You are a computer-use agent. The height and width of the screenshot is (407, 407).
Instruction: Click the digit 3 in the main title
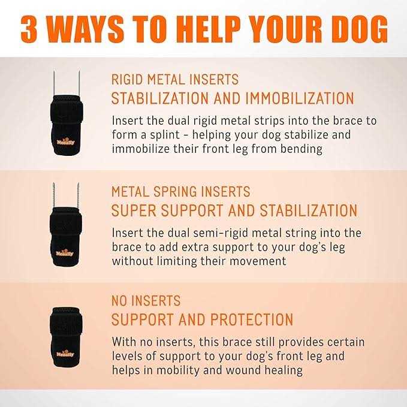[x=29, y=29]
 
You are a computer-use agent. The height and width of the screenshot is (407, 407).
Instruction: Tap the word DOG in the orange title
[x=360, y=29]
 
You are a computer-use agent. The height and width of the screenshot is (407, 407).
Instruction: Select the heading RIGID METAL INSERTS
[x=175, y=80]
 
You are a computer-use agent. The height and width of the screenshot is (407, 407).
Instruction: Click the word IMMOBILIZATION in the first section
[x=300, y=98]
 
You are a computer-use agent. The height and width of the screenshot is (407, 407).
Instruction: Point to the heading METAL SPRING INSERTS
[x=180, y=192]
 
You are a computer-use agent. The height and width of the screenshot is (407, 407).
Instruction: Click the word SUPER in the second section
[x=134, y=210]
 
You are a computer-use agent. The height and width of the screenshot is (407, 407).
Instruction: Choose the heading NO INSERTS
[x=146, y=301]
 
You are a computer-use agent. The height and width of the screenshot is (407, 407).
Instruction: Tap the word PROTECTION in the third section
[x=252, y=319]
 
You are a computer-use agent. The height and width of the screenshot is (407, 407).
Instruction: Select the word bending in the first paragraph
[x=302, y=149]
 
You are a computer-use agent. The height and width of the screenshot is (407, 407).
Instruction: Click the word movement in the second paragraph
[x=258, y=261]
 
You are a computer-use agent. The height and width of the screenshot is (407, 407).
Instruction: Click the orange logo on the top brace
[x=65, y=141]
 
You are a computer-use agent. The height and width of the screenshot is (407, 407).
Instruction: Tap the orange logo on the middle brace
[x=65, y=253]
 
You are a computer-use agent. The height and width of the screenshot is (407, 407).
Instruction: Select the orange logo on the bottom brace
[x=65, y=354]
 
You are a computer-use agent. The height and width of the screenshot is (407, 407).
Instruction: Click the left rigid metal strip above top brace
[x=54, y=83]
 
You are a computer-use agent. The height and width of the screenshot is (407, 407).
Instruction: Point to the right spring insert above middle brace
[x=78, y=195]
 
